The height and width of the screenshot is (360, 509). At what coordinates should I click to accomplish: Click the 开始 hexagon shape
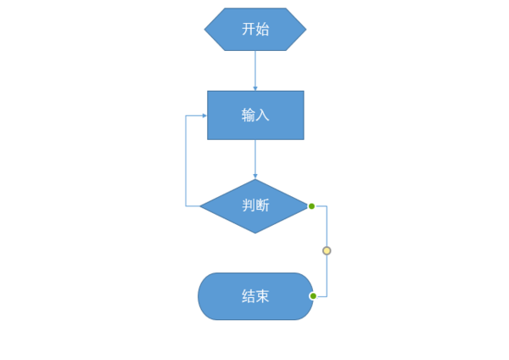pos(255,29)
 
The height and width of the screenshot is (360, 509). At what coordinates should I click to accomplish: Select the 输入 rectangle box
pos(255,115)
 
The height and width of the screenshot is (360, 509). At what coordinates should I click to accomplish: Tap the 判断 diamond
pos(254,206)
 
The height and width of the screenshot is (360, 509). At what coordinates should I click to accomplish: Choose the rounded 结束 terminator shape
pos(255,296)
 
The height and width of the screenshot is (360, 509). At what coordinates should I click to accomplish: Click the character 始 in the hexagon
pos(263,29)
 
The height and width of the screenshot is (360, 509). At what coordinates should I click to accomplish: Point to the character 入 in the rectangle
pos(263,115)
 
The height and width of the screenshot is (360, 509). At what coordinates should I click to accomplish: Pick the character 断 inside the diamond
pos(263,206)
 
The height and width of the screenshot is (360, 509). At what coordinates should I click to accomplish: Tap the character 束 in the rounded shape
pos(263,296)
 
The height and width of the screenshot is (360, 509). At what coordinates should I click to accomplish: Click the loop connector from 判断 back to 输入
pos(186,161)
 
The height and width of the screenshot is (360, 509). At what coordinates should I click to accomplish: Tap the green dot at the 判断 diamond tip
pos(311,206)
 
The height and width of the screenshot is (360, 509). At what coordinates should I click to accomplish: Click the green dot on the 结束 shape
pos(313,296)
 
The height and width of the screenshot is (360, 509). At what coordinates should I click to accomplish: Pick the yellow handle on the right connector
pos(327,251)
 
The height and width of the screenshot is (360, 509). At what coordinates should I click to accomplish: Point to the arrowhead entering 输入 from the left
pos(204,115)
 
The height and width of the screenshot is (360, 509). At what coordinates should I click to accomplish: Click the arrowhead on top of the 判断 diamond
pos(255,176)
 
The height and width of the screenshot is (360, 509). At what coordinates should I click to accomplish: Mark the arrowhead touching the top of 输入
pos(255,87)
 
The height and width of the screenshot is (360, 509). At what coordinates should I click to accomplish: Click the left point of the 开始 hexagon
pos(206,29)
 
